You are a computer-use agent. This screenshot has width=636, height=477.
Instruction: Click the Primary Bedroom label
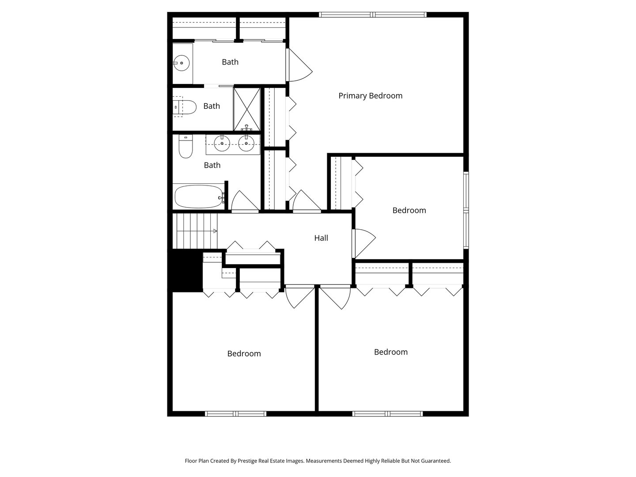click(370, 96)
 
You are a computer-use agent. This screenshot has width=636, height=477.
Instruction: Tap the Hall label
click(321, 238)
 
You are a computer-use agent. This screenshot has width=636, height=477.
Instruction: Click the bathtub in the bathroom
click(199, 197)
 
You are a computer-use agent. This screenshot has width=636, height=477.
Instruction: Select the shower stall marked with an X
click(247, 109)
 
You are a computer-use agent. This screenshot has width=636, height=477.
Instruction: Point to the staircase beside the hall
click(195, 231)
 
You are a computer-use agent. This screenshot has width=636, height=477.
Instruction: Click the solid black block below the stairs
click(185, 270)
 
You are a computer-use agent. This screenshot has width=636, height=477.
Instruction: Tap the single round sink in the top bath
click(182, 63)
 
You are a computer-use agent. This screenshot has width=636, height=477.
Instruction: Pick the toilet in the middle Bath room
click(185, 107)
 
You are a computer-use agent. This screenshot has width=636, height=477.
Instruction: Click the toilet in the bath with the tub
click(185, 147)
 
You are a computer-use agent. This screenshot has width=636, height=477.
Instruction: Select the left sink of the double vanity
click(222, 143)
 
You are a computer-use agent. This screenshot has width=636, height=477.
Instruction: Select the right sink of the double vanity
click(246, 143)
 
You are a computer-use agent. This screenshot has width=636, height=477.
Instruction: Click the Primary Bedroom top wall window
click(373, 15)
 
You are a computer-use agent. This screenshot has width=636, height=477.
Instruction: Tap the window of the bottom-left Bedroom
click(235, 413)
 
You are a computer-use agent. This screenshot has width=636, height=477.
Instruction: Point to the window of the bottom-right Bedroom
click(387, 413)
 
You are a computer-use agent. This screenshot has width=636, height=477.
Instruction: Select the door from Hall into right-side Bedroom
click(364, 243)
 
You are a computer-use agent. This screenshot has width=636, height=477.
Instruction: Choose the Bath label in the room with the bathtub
click(212, 165)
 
